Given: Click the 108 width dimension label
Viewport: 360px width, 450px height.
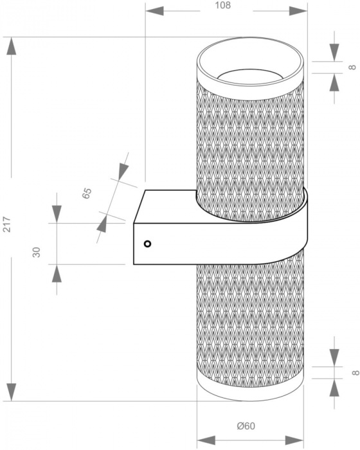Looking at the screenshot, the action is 223,5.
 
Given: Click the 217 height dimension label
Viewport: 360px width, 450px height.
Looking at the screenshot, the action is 6,224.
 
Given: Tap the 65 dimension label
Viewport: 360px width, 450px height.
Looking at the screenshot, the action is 86,193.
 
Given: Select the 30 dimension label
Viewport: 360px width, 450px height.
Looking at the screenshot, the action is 37,252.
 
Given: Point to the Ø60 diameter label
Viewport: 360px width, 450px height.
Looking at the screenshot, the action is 246,426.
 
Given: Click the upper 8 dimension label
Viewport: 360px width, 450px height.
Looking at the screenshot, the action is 352,67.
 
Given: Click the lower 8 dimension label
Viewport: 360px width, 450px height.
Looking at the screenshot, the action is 355,372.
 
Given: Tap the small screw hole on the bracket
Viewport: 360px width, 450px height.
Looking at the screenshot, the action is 147,244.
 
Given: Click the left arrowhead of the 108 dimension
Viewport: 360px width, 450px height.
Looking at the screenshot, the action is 154,11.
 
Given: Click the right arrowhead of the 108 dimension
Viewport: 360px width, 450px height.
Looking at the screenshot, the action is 298,11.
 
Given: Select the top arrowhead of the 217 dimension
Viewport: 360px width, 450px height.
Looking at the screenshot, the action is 12,46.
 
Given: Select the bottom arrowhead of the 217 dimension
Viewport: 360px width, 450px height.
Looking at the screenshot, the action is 12,392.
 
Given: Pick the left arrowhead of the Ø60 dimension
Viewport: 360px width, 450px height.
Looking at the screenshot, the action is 206,440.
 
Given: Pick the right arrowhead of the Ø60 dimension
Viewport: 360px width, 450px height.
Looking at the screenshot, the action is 294,440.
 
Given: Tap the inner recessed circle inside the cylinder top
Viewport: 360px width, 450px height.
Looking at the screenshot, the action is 250,75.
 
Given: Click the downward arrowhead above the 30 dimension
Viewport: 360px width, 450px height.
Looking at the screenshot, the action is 57,214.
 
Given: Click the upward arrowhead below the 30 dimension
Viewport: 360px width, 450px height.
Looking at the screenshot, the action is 57,273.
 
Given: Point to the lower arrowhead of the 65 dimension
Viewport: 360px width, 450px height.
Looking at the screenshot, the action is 102,223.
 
